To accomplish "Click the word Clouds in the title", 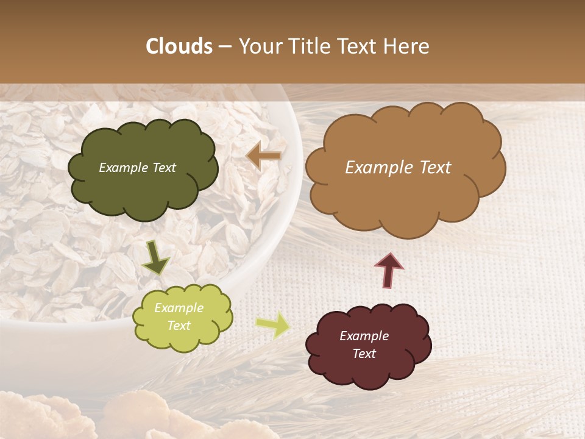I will [x=179, y=46].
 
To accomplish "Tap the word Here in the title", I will [x=408, y=46].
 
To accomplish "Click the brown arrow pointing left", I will [x=264, y=156].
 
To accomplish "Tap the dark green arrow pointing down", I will [x=155, y=257].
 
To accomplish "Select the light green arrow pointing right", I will [x=272, y=325].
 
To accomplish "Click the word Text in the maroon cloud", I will [x=364, y=354].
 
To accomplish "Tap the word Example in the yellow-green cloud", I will [x=179, y=308].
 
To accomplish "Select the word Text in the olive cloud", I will [x=163, y=168].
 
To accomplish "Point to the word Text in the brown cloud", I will [x=435, y=168].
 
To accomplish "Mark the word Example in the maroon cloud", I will [x=364, y=336].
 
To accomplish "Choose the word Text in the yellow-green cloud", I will [x=179, y=326].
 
